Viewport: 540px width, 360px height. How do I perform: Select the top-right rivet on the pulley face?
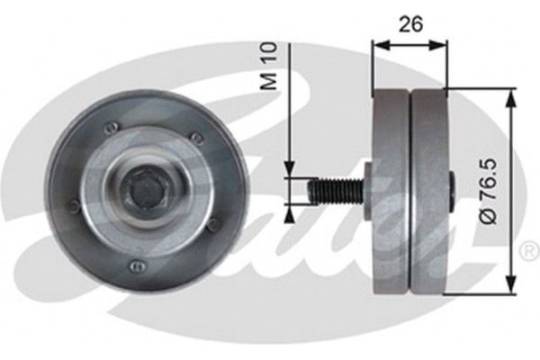pyautogui.click(x=195, y=137)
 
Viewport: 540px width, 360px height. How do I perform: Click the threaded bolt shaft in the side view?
pyautogui.click(x=333, y=192)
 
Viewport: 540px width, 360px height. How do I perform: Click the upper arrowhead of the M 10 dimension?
pyautogui.click(x=290, y=170)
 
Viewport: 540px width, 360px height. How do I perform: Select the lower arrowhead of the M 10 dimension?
pyautogui.click(x=290, y=212)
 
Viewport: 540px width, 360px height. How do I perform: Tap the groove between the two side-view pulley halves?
pyautogui.click(x=410, y=191)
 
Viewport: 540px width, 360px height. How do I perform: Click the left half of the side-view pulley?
pyautogui.click(x=391, y=191)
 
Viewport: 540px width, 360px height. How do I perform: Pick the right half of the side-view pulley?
pyautogui.click(x=429, y=191)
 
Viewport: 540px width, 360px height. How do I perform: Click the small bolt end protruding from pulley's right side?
pyautogui.click(x=451, y=192)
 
